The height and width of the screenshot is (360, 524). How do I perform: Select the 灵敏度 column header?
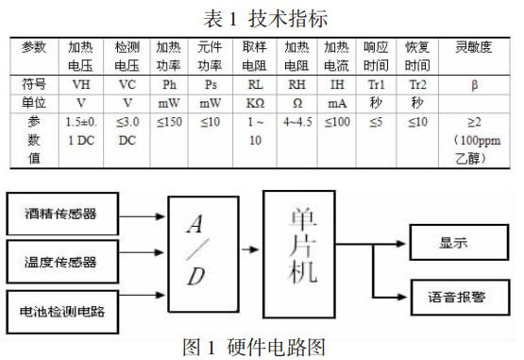(473, 47)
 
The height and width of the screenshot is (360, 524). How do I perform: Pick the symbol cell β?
(473, 84)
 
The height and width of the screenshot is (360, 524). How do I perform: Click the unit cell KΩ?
(256, 101)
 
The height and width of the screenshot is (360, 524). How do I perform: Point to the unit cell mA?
(336, 101)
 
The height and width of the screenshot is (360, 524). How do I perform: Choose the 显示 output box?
(460, 241)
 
